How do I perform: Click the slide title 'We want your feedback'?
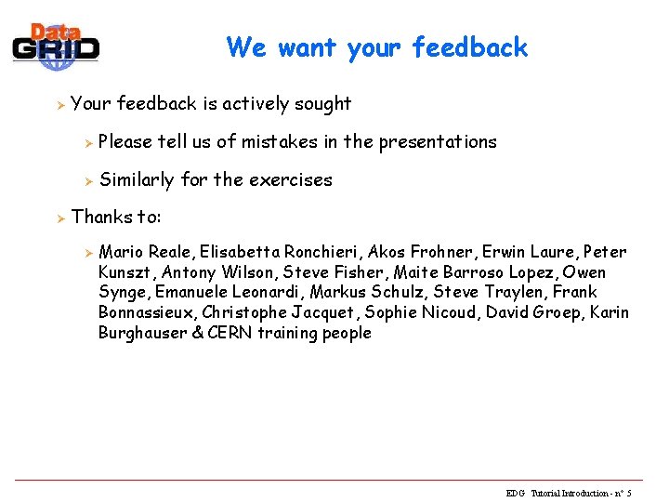click(376, 47)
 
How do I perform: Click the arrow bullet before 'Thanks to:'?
click(58, 218)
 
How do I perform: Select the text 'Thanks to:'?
click(116, 218)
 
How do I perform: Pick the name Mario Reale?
click(141, 252)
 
